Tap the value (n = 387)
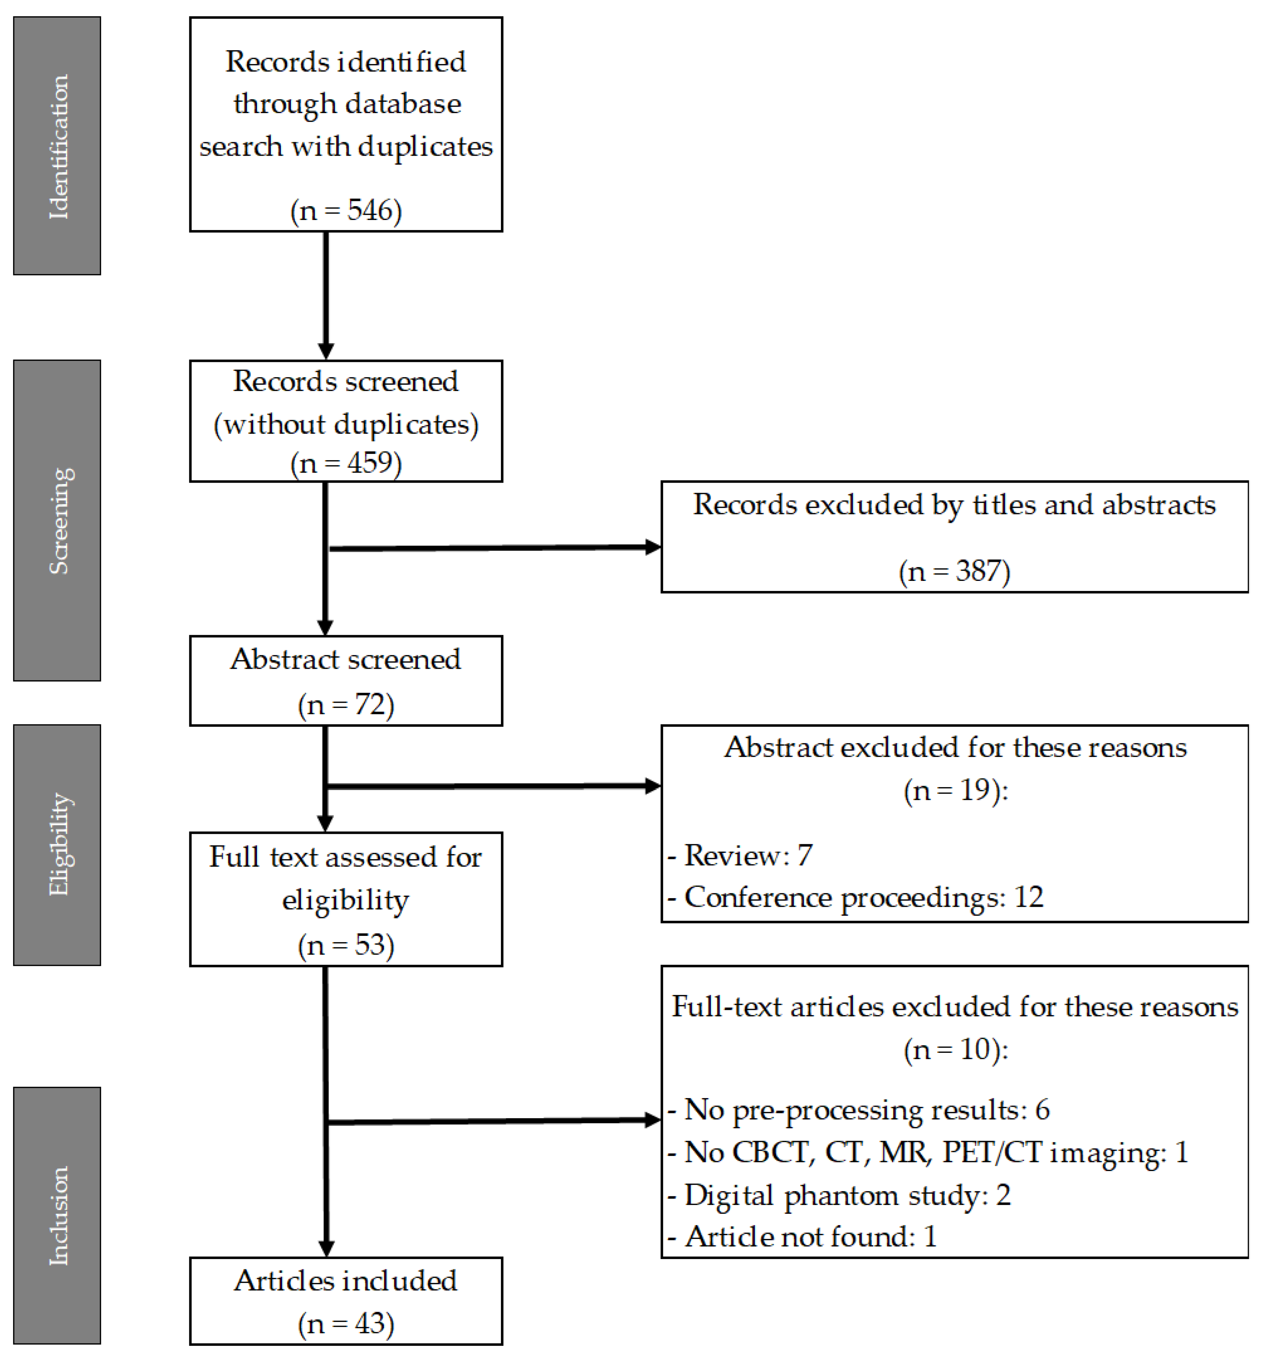click(x=954, y=571)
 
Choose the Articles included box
click(x=346, y=1301)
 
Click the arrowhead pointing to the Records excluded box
click(x=653, y=547)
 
